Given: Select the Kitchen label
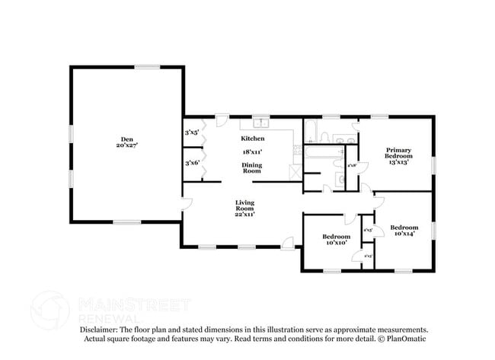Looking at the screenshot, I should (253, 139).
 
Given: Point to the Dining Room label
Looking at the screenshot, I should (252, 168).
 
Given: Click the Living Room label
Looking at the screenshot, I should (244, 205).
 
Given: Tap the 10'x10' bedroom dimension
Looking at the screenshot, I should (335, 243).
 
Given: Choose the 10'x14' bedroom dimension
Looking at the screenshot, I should (404, 234).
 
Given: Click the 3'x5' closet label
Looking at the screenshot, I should (191, 132).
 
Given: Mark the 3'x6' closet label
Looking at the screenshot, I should (191, 163).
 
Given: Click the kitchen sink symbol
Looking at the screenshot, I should (261, 123).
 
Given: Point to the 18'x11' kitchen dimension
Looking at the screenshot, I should (252, 152).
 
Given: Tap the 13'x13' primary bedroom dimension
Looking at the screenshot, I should (398, 161).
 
